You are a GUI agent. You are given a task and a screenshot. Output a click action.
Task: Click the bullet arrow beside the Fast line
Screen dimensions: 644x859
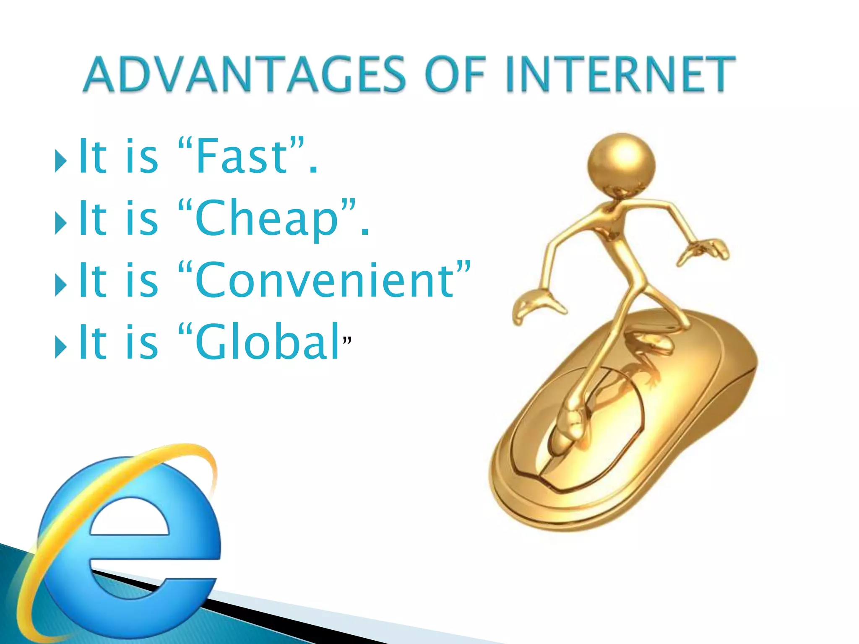pyautogui.click(x=61, y=161)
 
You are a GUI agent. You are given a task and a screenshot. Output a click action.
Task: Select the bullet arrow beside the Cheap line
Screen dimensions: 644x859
pyautogui.click(x=61, y=223)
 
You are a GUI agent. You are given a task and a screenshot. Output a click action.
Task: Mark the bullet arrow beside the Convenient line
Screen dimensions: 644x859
pyautogui.click(x=61, y=285)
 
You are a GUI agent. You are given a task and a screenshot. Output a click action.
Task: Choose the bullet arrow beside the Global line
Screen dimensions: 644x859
pyautogui.click(x=61, y=347)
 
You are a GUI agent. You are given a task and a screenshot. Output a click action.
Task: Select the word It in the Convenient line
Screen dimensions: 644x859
pyautogui.click(x=93, y=280)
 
